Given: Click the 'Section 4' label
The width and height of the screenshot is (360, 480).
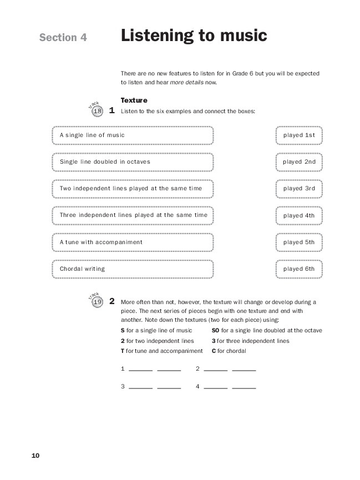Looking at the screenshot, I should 63,38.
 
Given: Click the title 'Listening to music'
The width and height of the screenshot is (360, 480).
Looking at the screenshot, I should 194,36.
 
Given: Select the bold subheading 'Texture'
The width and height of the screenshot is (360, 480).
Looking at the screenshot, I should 134,100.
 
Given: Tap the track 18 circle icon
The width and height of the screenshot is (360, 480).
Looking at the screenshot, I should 98,112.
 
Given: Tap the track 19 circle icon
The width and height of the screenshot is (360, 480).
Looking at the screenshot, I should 98,302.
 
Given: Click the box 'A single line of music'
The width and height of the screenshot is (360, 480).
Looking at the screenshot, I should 133,135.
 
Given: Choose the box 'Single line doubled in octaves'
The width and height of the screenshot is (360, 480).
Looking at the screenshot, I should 133,162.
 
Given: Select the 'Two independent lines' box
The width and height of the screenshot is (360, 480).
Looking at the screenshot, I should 133,189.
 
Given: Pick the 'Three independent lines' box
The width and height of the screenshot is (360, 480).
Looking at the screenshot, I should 133,215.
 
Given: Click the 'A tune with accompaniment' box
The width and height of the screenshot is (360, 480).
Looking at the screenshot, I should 133,242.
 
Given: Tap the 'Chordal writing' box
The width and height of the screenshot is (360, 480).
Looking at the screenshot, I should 133,269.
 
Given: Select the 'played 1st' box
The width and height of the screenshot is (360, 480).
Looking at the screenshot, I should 299,135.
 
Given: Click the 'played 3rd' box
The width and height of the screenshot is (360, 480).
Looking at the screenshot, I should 299,189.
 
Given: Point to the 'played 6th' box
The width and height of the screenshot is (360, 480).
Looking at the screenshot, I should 299,269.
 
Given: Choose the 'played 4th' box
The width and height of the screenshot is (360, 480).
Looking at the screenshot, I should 299,215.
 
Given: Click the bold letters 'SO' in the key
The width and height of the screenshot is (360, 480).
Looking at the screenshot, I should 216,330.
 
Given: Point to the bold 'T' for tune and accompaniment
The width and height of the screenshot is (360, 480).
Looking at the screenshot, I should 122,351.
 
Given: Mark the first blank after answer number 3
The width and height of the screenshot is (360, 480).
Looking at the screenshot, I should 140,387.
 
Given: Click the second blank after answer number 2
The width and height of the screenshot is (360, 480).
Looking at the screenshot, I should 244,370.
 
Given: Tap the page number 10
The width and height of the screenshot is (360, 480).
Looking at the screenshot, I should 36,456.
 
